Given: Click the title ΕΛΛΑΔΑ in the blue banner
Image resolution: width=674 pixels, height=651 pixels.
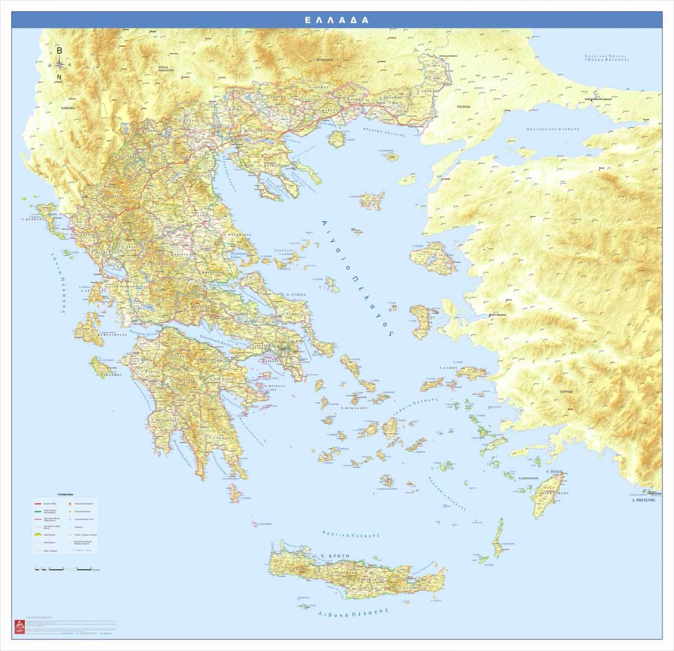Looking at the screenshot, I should pyautogui.click(x=337, y=20).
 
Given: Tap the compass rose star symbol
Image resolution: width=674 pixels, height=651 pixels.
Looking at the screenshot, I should pyautogui.click(x=59, y=64).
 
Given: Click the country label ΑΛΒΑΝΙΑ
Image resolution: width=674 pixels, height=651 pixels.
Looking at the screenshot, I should pyautogui.click(x=68, y=108).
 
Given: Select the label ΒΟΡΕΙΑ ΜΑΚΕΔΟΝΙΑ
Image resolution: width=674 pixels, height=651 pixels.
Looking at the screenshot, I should pyautogui.click(x=166, y=68).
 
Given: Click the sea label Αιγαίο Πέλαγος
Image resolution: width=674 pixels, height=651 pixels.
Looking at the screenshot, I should pyautogui.click(x=357, y=279).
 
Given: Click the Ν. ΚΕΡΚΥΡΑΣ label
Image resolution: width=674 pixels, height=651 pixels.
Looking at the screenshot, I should pyautogui.click(x=33, y=218).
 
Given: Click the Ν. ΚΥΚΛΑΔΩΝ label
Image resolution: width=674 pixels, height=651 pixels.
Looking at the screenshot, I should pyautogui.click(x=354, y=408).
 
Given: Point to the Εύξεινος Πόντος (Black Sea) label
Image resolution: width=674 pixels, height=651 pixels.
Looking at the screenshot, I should pyautogui.click(x=607, y=59).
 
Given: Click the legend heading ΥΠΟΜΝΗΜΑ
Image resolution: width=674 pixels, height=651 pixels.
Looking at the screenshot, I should pyautogui.click(x=65, y=494).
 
